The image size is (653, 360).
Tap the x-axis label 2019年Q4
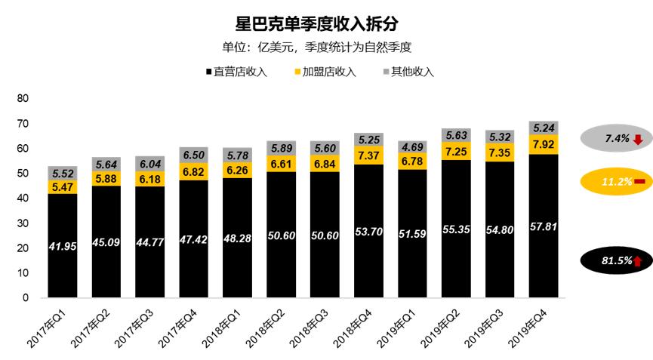pos(529,329)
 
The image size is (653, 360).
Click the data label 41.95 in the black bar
pos(63,246)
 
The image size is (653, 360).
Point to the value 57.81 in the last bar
pos(544,226)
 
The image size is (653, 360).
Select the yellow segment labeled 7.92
pos(544,144)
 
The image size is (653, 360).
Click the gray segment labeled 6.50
pos(194,153)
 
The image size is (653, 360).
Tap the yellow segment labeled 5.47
pos(63,186)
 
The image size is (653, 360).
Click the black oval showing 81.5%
pos(615,260)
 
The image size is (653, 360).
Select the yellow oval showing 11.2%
pos(615,182)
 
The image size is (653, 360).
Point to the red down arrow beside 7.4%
pos(637,139)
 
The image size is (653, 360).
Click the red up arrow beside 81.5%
pos(637,261)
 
